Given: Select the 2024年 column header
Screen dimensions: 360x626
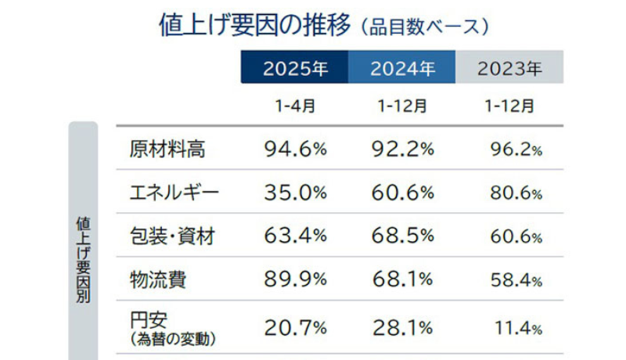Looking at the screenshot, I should click(402, 68).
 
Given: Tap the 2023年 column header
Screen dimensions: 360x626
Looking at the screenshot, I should click(509, 68).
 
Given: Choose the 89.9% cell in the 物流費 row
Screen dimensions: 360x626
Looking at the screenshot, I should click(294, 279).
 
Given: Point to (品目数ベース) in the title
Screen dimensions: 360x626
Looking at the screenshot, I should click(426, 26).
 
